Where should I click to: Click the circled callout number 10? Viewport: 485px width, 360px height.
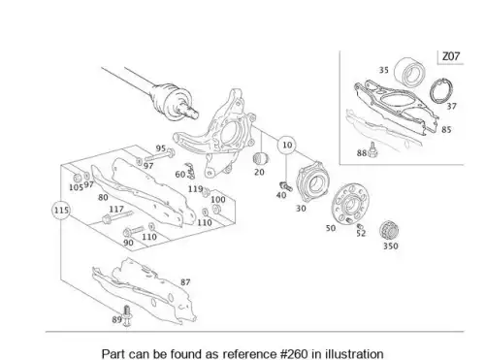click(x=287, y=145)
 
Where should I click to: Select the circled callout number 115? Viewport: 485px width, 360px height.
click(x=61, y=211)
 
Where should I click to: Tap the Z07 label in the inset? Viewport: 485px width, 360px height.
click(x=451, y=56)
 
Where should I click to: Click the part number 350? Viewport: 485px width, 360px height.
click(x=391, y=245)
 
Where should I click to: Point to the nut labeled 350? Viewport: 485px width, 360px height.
click(x=389, y=230)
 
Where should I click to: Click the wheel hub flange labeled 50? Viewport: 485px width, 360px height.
click(x=350, y=203)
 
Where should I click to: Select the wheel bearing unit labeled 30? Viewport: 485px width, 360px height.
click(x=310, y=182)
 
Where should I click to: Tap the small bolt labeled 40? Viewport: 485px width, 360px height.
click(x=285, y=186)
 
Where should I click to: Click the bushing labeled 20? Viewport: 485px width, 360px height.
click(x=260, y=158)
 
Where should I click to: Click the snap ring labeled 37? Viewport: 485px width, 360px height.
click(x=441, y=91)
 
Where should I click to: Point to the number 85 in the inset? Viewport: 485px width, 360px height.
click(x=446, y=129)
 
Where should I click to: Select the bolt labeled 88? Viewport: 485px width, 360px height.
click(x=372, y=149)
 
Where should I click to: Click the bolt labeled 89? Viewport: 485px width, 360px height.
click(x=127, y=315)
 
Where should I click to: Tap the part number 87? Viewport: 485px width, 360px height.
click(x=185, y=282)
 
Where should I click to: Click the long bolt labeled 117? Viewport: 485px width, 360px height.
click(x=117, y=217)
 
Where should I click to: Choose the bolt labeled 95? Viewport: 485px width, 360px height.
click(x=160, y=154)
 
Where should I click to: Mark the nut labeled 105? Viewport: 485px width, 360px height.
click(x=78, y=178)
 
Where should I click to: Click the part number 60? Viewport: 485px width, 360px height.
click(x=180, y=175)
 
